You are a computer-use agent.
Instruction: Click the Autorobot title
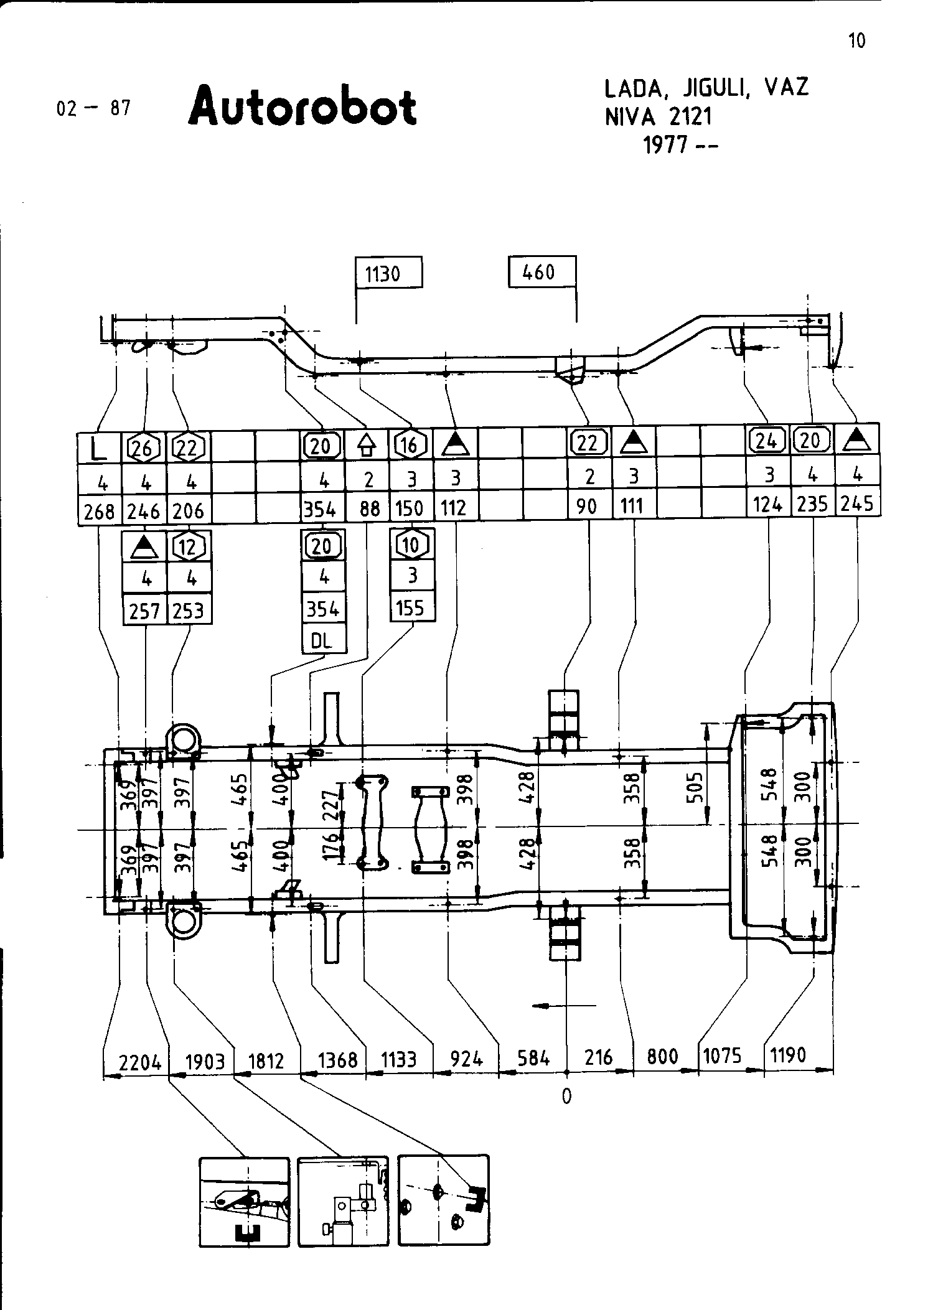click(302, 107)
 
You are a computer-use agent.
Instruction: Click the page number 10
click(856, 41)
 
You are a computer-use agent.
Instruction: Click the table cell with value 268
click(100, 512)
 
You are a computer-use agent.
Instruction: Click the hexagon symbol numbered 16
click(410, 444)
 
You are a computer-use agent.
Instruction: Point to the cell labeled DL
click(322, 642)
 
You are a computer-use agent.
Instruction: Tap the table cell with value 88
click(370, 509)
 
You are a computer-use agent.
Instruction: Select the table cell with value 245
click(857, 503)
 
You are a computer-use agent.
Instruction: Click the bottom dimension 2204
click(140, 1061)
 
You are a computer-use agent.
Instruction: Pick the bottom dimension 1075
click(722, 1056)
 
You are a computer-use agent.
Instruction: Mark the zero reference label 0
click(566, 1096)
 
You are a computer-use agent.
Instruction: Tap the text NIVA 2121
click(659, 116)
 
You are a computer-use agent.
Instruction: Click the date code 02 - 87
click(93, 108)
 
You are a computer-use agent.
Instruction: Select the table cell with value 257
click(145, 612)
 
